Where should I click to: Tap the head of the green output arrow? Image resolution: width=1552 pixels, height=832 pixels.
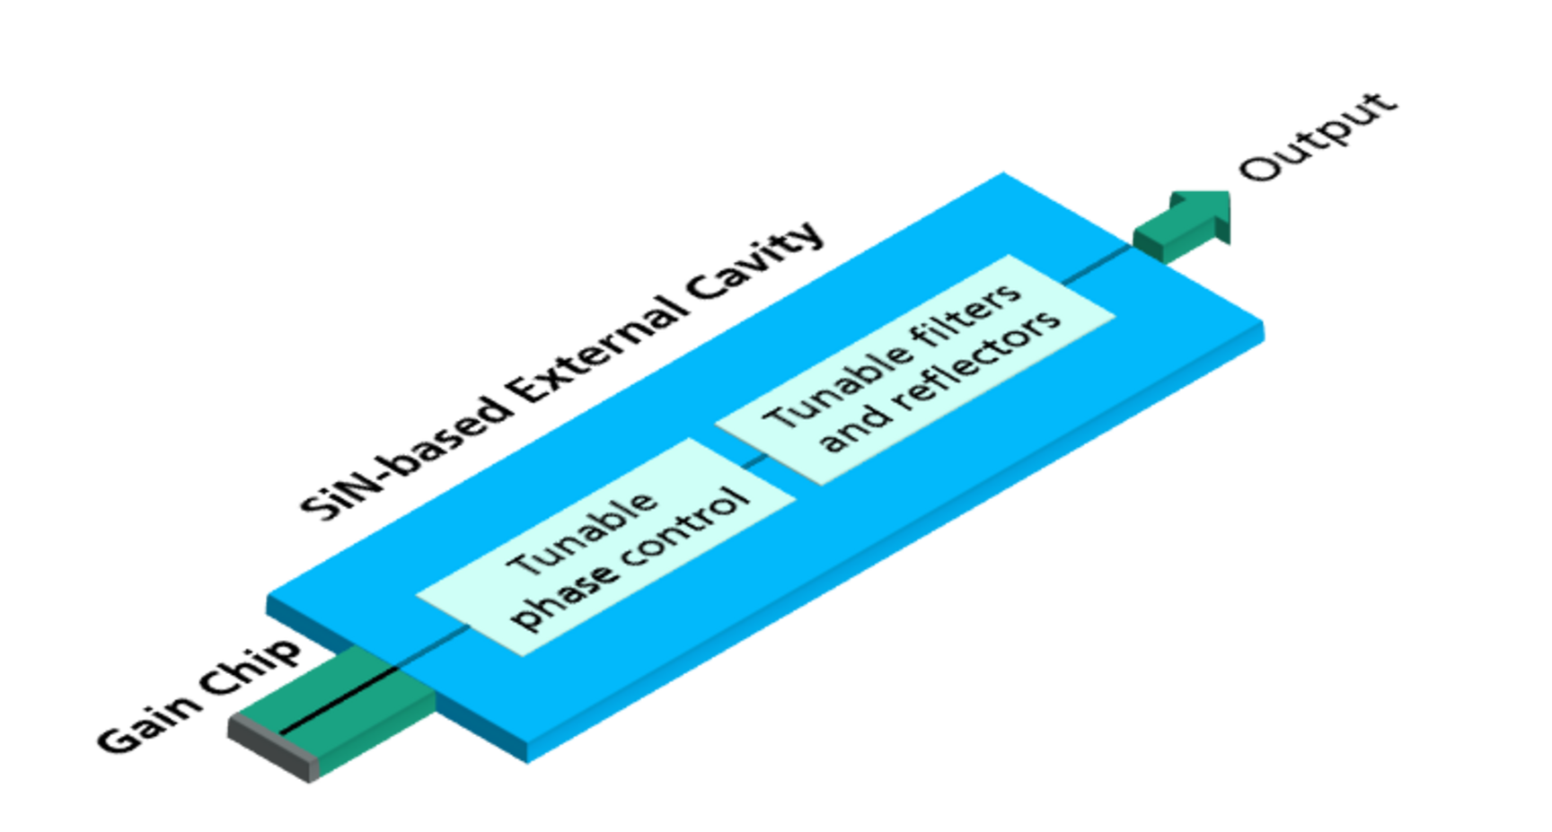click(x=1208, y=215)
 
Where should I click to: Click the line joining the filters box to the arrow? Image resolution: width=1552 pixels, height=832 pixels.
click(x=1096, y=266)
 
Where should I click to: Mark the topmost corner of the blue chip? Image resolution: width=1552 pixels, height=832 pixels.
click(x=1001, y=171)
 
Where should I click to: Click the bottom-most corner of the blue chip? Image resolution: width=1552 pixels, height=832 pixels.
click(x=530, y=763)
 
